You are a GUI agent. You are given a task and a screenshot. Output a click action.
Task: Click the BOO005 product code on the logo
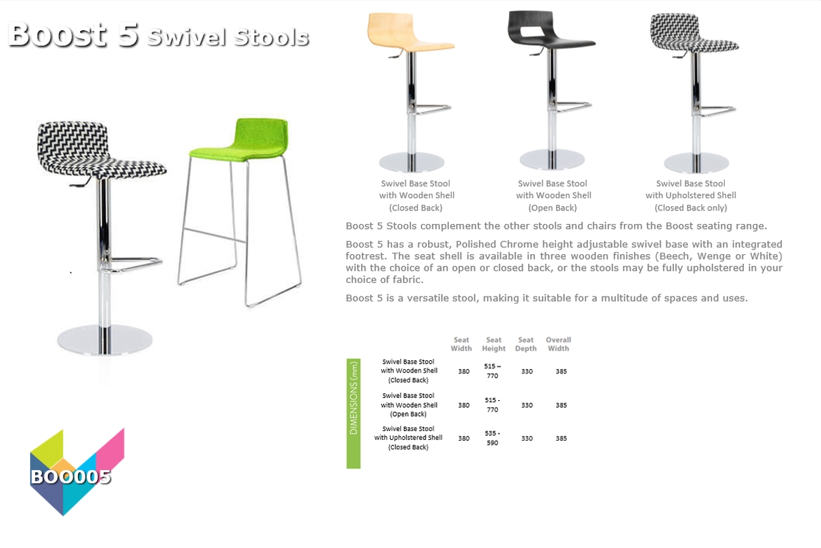pyautogui.click(x=70, y=477)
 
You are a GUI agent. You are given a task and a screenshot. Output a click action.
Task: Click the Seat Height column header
pyautogui.click(x=493, y=344)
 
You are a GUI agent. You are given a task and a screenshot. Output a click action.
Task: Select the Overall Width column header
pyautogui.click(x=558, y=344)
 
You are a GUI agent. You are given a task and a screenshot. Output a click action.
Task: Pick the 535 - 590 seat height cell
pyautogui.click(x=492, y=438)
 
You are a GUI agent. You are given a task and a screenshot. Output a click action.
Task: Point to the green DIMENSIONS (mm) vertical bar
pyautogui.click(x=353, y=413)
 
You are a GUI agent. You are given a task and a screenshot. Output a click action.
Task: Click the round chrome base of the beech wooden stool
pyautogui.click(x=412, y=162)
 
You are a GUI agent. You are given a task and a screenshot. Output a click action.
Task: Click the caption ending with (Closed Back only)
pyautogui.click(x=690, y=195)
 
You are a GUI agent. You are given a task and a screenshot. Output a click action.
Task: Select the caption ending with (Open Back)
pyautogui.click(x=553, y=195)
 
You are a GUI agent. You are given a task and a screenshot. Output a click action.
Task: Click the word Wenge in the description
pyautogui.click(x=713, y=256)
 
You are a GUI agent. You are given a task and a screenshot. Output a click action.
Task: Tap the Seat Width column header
pyautogui.click(x=461, y=344)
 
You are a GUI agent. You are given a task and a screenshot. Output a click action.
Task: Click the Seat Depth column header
pyautogui.click(x=525, y=344)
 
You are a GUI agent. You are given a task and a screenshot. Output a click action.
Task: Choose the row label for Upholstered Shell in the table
pyautogui.click(x=408, y=438)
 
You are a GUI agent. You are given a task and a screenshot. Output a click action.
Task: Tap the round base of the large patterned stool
pyautogui.click(x=105, y=340)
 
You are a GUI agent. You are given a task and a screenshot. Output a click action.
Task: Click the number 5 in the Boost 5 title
pyautogui.click(x=128, y=35)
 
